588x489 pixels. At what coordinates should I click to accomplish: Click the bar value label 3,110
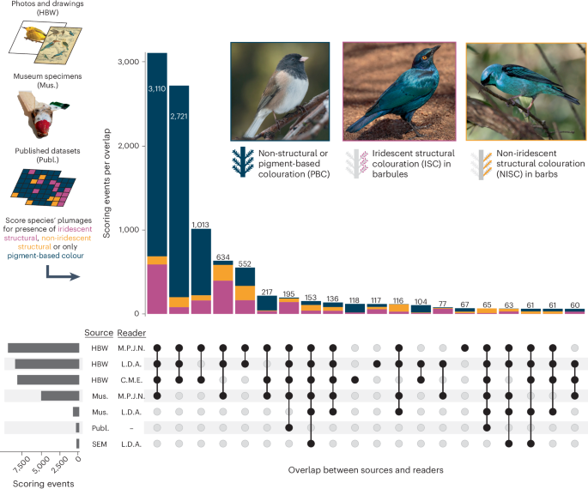pyautogui.click(x=156, y=88)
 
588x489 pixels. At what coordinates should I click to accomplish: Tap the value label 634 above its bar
pyautogui.click(x=223, y=257)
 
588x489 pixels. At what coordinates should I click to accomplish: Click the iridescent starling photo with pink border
pyautogui.click(x=398, y=92)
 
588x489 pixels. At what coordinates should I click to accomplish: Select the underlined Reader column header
pyautogui.click(x=130, y=334)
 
